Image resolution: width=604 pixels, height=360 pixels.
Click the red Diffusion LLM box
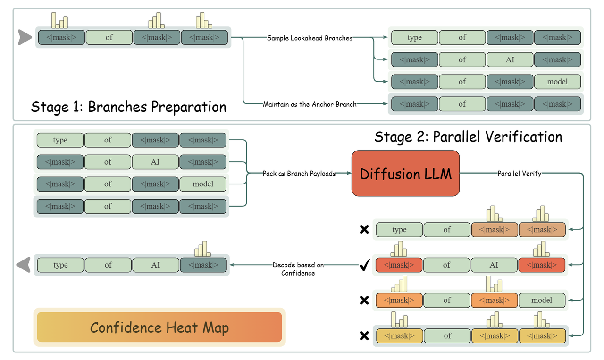coord(405,173)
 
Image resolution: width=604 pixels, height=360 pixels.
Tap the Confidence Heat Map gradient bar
coord(159,327)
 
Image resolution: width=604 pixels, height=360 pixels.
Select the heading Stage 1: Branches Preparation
coord(128,107)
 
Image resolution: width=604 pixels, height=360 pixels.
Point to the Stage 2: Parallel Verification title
coord(468,137)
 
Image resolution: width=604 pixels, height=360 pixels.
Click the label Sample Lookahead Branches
coord(310,38)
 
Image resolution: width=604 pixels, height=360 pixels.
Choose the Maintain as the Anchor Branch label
coord(310,104)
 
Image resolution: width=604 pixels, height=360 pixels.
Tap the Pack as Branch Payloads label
coord(299,173)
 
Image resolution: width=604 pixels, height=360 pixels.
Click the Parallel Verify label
coord(519,173)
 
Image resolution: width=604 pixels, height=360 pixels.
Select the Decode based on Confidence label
coord(298,269)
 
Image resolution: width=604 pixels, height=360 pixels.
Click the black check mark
coord(364,266)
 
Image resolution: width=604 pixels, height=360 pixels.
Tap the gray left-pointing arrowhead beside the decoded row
coord(24,265)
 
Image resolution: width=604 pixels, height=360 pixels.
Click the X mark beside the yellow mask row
coord(364,336)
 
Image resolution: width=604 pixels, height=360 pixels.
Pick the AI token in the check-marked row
coord(494,265)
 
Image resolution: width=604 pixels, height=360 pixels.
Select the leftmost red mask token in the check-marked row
coord(399,265)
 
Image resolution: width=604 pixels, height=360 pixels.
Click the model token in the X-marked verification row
coord(542,300)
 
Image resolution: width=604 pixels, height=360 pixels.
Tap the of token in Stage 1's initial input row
coord(109,37)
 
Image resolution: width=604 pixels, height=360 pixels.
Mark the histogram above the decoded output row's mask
coord(203,249)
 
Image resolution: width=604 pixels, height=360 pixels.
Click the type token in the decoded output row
coord(60,265)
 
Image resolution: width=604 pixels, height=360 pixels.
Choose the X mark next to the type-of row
coord(364,230)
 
